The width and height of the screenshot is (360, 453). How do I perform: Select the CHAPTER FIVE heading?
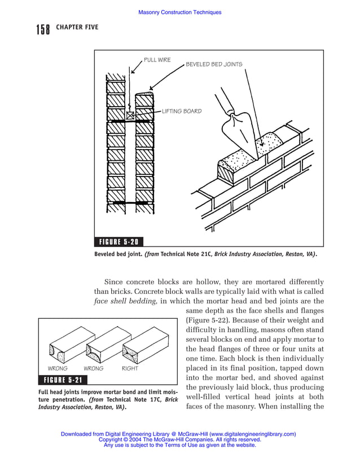point(77,27)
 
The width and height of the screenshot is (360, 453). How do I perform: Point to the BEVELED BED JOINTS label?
point(214,64)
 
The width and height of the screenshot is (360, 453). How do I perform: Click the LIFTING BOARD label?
point(181,111)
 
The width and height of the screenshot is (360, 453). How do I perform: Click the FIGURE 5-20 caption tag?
point(118,242)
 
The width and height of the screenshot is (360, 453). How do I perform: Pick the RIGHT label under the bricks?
point(130,368)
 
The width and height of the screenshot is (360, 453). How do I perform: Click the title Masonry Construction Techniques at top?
point(179,12)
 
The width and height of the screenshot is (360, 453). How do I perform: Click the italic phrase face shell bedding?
point(125,301)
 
